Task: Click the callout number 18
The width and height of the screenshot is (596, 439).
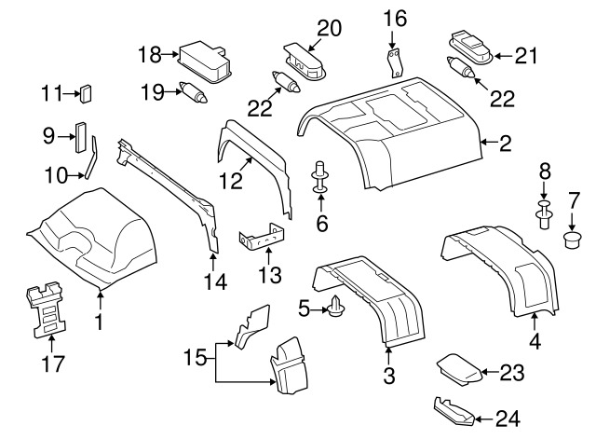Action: click(x=150, y=54)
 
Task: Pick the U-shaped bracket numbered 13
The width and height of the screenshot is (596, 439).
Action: click(x=263, y=240)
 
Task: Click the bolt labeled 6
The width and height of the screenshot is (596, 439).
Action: click(x=321, y=176)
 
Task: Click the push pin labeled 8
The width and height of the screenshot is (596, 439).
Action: click(x=545, y=213)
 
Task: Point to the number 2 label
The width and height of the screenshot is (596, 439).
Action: click(x=506, y=144)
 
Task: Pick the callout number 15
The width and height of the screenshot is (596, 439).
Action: click(x=193, y=356)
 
